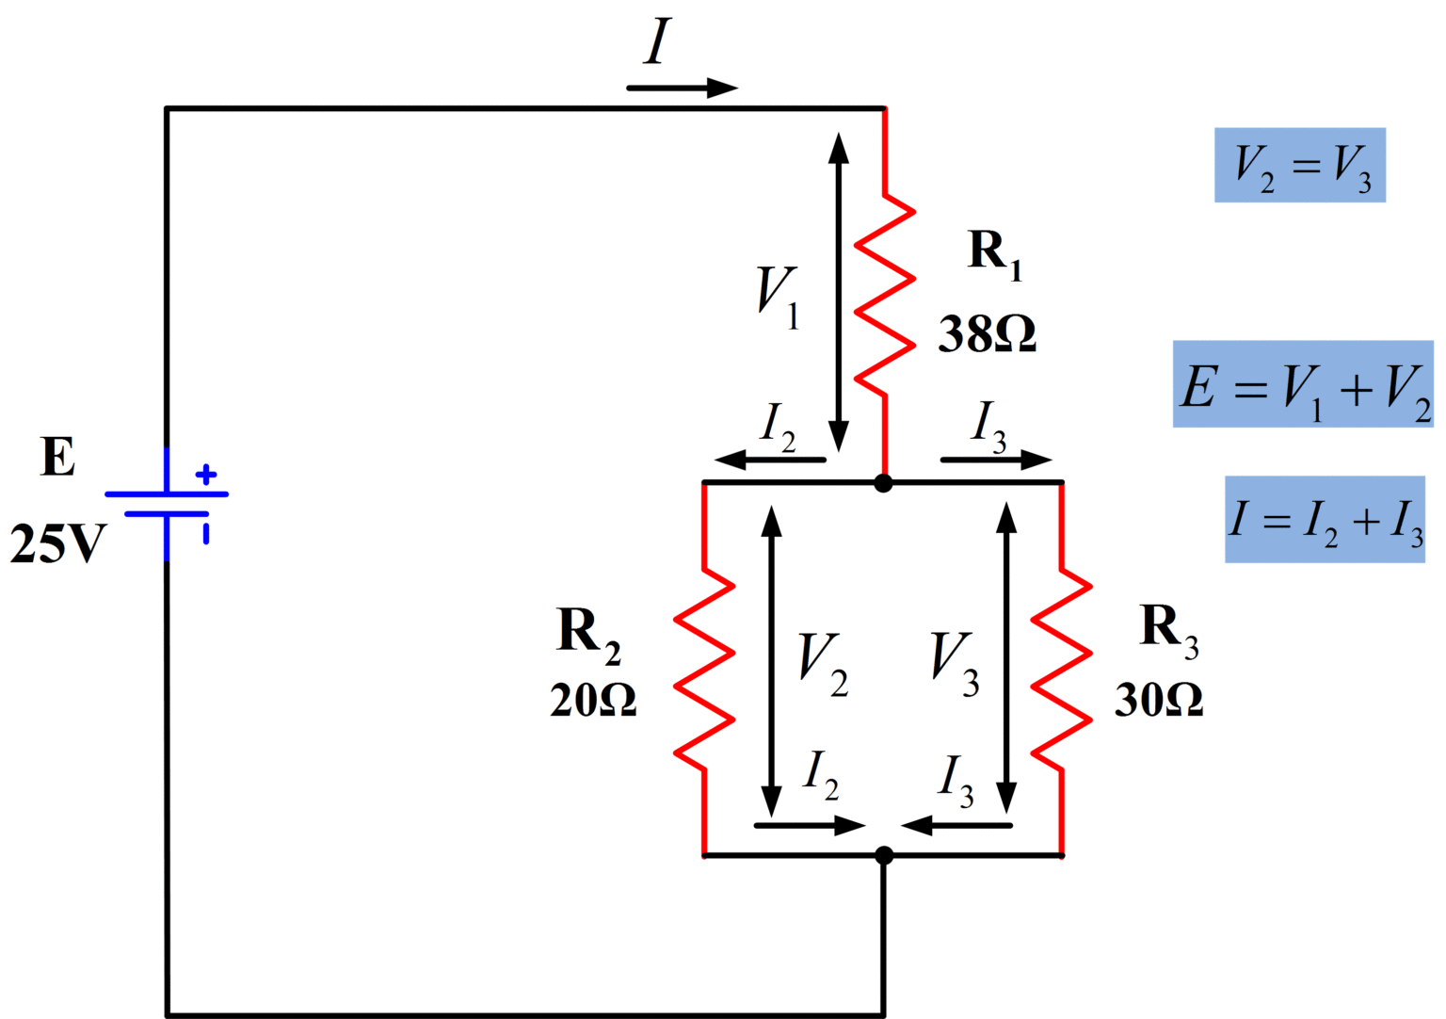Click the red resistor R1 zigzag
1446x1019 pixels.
coord(885,295)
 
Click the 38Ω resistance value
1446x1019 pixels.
coord(987,334)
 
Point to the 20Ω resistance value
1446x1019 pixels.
coord(593,700)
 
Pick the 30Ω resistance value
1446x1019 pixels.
coord(1159,700)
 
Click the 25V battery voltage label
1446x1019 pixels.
coord(57,543)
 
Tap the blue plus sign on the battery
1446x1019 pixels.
coord(206,475)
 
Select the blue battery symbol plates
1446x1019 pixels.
coord(167,504)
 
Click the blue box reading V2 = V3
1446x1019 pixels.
coord(1299,165)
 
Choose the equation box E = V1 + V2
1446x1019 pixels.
coord(1303,384)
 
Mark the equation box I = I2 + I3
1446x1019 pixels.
coord(1325,520)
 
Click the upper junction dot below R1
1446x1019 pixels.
coord(883,483)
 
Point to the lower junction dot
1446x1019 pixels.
coord(884,855)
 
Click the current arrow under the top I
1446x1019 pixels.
coord(682,89)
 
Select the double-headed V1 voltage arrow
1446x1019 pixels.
coord(839,292)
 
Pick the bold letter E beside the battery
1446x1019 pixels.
coord(57,458)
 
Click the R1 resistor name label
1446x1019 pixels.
coord(994,252)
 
